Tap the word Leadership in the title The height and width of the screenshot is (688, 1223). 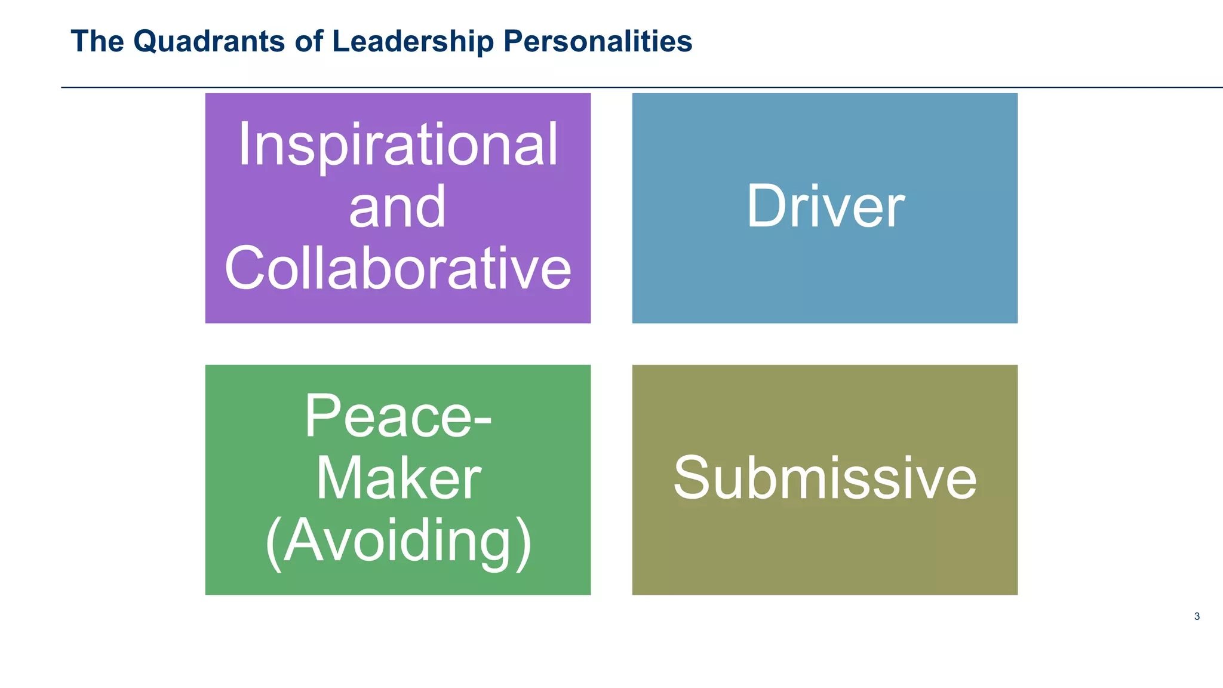pyautogui.click(x=413, y=42)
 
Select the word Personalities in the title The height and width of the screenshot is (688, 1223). pyautogui.click(x=598, y=42)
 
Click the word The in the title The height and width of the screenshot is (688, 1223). pyautogui.click(x=97, y=42)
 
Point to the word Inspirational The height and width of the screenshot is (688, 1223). pyautogui.click(x=398, y=145)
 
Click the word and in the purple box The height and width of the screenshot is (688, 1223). pyautogui.click(x=397, y=207)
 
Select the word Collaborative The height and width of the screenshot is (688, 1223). pyautogui.click(x=398, y=269)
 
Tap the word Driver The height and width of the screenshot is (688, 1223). pyautogui.click(x=825, y=207)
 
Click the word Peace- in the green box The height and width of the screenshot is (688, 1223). pyautogui.click(x=398, y=416)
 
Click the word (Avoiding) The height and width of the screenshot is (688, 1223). pyautogui.click(x=398, y=540)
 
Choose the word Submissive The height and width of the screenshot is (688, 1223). pyautogui.click(x=825, y=478)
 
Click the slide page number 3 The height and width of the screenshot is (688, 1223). pyautogui.click(x=1197, y=616)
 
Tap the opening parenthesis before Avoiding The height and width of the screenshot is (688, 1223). pyautogui.click(x=273, y=542)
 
